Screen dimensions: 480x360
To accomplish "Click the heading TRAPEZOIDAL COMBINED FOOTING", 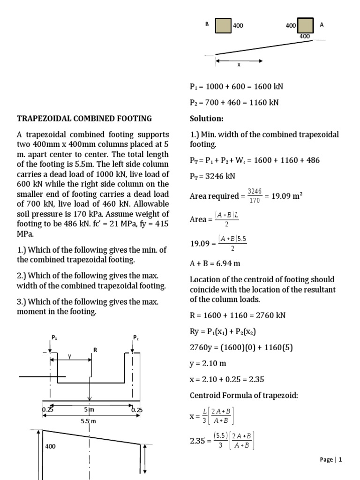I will click(84, 119).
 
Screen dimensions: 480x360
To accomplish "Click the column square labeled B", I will click(223, 26).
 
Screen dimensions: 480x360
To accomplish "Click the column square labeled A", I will click(305, 25).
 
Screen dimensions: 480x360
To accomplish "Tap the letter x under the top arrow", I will click(239, 65).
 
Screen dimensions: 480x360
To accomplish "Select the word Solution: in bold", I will click(207, 119).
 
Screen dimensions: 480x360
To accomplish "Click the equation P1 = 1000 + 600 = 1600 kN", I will click(236, 87).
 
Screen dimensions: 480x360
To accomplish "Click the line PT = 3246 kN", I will click(213, 177).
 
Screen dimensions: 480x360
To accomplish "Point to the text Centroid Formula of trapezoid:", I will click(244, 395).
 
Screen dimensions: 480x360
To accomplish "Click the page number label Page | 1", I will click(331, 459).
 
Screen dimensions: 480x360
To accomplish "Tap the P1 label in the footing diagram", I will click(54, 337).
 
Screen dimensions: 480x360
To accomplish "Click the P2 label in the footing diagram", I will click(136, 337).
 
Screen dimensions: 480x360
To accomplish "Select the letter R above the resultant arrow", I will click(95, 350).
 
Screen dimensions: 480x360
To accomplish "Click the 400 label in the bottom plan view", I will click(51, 447).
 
